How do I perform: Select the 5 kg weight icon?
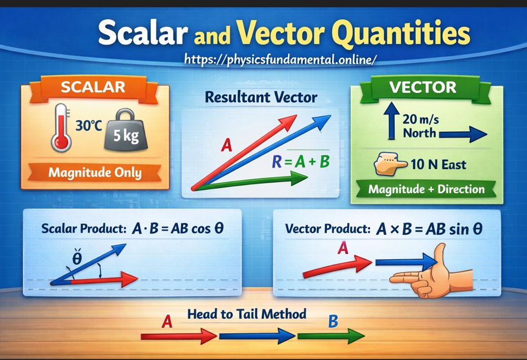122,134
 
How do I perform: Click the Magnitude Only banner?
95,172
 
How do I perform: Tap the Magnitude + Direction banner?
426,189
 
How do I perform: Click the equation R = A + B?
300,162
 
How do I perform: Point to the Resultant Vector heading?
261,98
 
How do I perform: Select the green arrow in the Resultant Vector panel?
250,181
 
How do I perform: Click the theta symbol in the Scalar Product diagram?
78,258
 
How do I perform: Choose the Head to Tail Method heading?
247,314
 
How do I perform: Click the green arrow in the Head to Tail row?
331,336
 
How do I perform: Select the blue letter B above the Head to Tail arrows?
333,321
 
